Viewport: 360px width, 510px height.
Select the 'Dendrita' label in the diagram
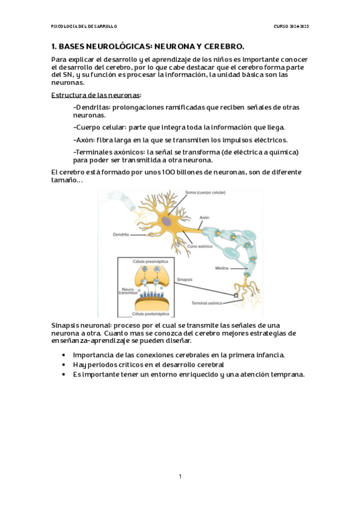tap(121, 234)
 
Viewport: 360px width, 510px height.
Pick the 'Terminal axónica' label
tap(207, 303)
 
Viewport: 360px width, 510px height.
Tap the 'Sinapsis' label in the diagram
tap(185, 280)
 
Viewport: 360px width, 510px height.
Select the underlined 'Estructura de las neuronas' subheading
tap(96, 96)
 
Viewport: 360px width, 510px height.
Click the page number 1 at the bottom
tap(180, 476)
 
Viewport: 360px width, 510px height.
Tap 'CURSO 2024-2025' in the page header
tap(291, 26)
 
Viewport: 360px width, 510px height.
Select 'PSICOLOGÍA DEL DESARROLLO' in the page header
tap(84, 26)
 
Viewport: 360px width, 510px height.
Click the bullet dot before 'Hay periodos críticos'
tap(64, 365)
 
